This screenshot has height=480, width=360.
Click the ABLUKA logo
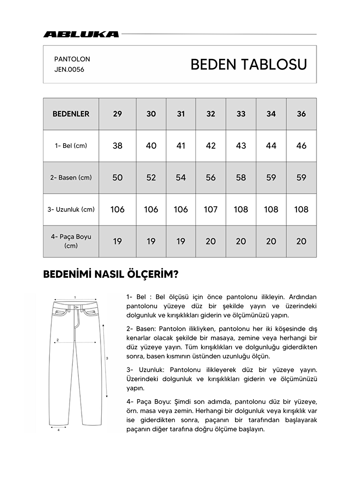(81, 34)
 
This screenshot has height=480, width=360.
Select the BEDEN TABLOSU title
(248, 65)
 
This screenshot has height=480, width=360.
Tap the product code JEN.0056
(69, 70)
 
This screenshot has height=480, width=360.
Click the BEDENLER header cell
(71, 114)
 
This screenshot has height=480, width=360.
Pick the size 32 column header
(211, 114)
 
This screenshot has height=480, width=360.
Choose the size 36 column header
(301, 114)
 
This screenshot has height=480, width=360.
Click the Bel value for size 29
(117, 146)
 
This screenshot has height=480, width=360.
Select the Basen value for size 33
(241, 178)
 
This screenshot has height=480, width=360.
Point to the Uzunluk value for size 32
(211, 209)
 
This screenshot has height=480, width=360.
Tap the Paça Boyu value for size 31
(181, 241)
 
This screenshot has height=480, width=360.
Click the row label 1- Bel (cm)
(71, 146)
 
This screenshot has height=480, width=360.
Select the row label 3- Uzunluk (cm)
(71, 209)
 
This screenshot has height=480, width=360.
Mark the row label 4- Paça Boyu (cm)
(71, 241)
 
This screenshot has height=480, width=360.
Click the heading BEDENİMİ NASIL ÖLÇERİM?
(110, 275)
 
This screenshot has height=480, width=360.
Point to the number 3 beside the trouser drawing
(107, 358)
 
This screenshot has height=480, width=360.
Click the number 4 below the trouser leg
(58, 430)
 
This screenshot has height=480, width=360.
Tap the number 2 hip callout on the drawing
(58, 340)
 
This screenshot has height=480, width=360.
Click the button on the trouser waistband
(75, 307)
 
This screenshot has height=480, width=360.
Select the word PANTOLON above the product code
(72, 59)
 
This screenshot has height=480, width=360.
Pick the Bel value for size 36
(301, 146)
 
